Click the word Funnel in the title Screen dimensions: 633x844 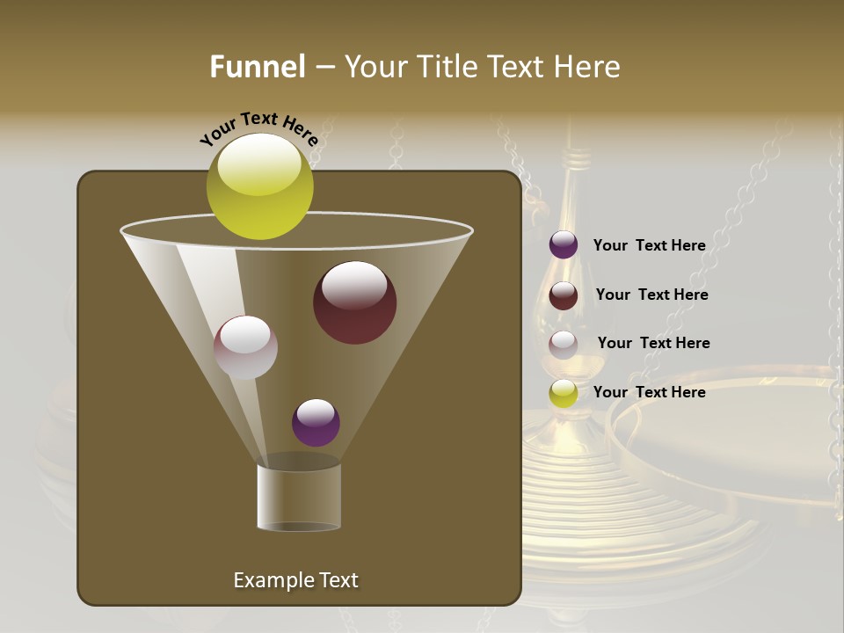[257, 67]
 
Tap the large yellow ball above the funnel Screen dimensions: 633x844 [259, 186]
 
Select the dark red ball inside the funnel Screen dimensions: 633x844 [354, 302]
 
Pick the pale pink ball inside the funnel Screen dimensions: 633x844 [245, 347]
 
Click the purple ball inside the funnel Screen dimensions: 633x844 [316, 422]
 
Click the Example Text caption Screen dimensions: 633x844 [295, 580]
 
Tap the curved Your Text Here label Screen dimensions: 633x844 [259, 128]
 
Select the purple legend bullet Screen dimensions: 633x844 [564, 245]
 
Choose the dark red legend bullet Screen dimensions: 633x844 [564, 295]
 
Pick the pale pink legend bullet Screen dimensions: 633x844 [564, 345]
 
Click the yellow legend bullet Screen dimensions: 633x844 [564, 393]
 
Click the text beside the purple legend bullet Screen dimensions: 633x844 [649, 245]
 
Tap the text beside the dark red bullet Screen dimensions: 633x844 [651, 295]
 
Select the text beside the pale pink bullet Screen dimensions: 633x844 [653, 343]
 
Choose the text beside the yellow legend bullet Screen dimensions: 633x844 [649, 392]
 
